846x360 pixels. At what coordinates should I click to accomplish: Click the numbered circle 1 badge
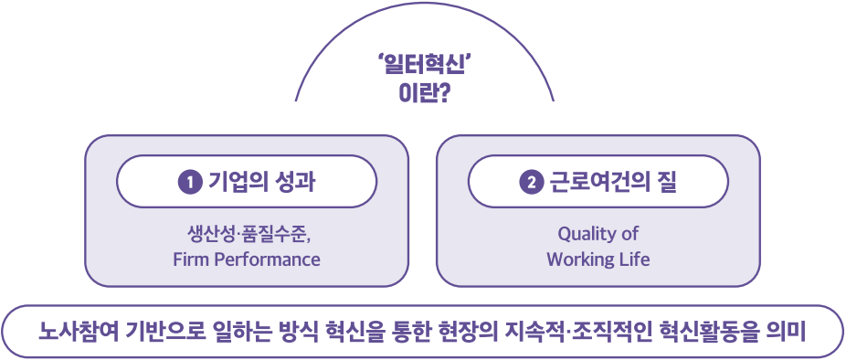click(190, 182)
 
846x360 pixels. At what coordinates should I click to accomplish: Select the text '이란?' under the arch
click(425, 92)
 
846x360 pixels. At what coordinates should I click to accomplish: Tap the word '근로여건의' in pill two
click(598, 182)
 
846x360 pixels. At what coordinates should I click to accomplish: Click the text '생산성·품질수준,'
click(247, 234)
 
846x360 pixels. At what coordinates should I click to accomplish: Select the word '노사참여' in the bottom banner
click(73, 331)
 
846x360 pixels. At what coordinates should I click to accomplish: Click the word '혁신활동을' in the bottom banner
click(709, 331)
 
